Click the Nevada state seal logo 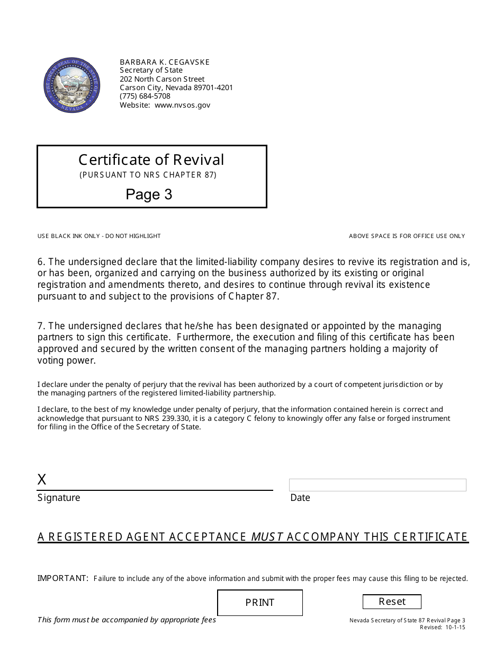point(71,85)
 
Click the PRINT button point(260,603)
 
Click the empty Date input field point(378,485)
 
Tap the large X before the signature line point(42,480)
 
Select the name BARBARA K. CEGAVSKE point(165,62)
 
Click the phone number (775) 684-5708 point(145,96)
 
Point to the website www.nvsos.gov point(183,105)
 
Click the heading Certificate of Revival point(151,160)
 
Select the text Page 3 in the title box point(149,195)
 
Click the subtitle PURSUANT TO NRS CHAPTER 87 point(148,174)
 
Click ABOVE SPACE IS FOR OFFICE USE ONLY point(407,236)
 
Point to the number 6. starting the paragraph point(41,262)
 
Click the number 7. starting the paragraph point(41,326)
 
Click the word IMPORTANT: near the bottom point(62,578)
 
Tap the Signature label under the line point(59,498)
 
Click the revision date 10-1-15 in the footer point(455,627)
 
